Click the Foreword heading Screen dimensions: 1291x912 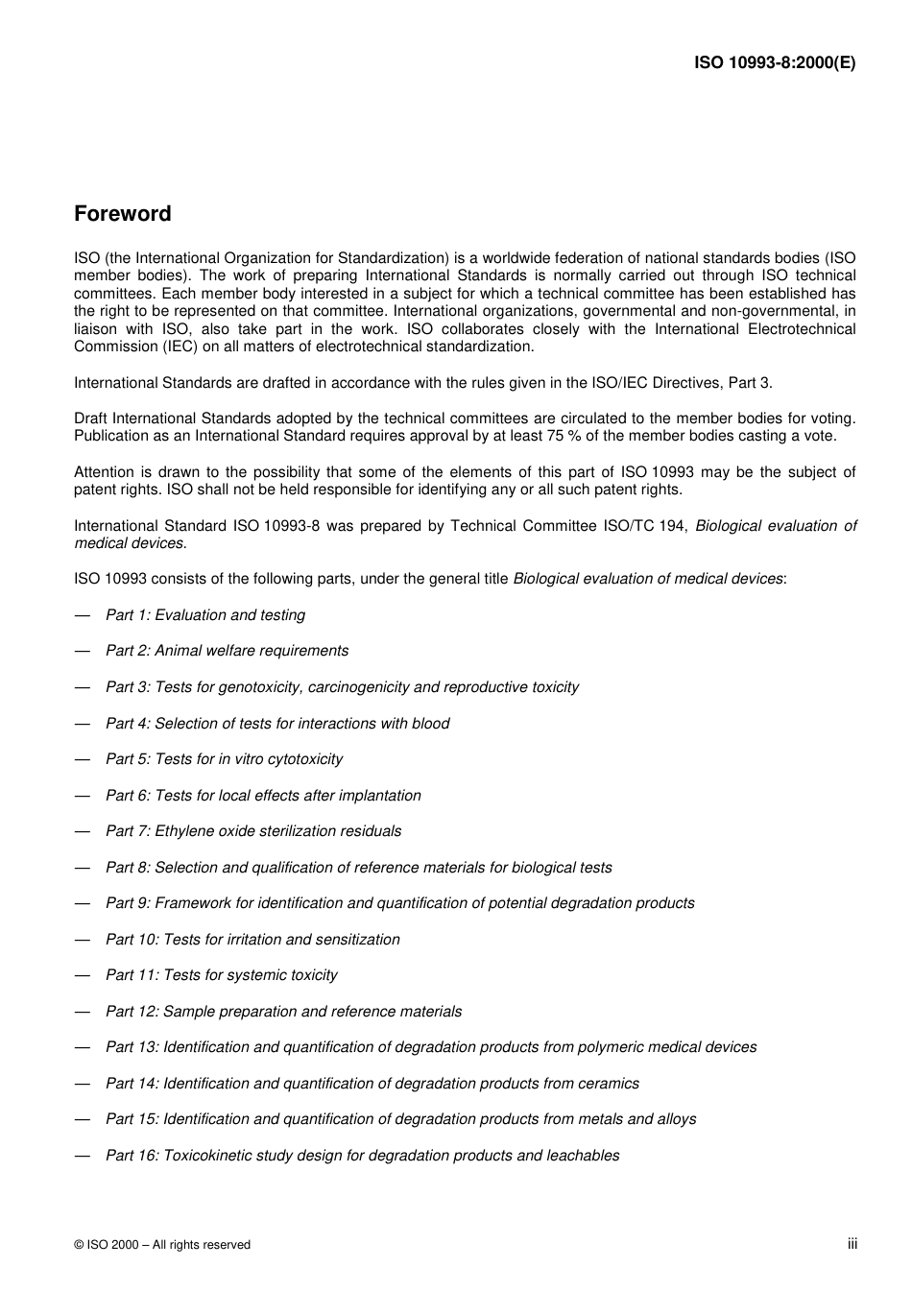point(123,214)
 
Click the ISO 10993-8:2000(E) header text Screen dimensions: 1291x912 point(775,63)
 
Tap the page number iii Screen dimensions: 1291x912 point(852,1243)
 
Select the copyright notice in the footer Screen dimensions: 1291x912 point(162,1245)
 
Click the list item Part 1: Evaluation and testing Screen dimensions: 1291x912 point(205,615)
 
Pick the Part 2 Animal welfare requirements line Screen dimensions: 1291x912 point(227,651)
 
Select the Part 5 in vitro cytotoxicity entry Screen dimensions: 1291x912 point(224,759)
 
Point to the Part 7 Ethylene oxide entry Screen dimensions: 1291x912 point(253,831)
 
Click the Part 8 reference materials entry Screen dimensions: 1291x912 point(358,868)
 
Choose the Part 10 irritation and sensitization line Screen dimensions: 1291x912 point(252,940)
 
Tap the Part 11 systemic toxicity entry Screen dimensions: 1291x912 point(222,975)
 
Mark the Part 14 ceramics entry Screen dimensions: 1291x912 point(372,1084)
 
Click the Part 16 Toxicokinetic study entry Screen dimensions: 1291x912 point(362,1156)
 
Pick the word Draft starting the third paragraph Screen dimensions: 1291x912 point(91,418)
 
